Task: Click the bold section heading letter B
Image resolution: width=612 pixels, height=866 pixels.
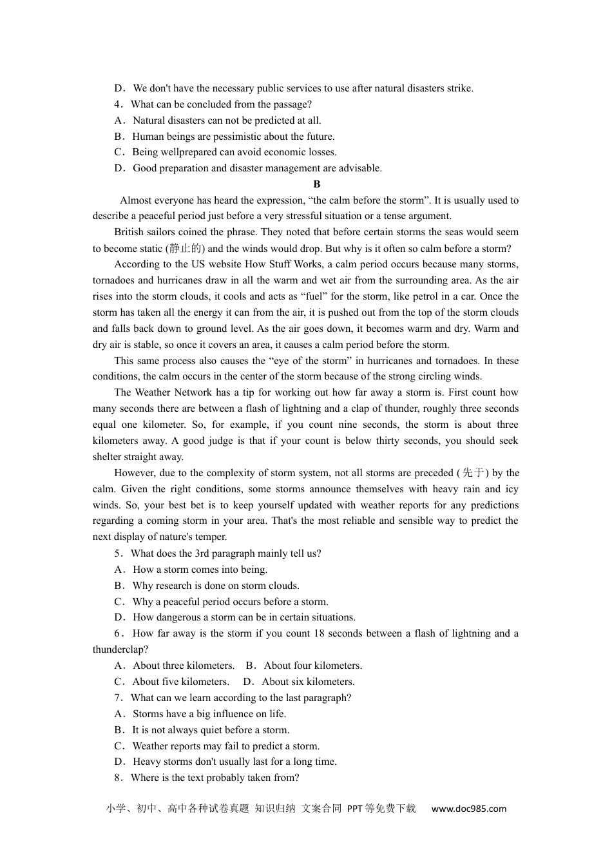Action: [x=317, y=184]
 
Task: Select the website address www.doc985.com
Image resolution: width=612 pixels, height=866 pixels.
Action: [x=468, y=809]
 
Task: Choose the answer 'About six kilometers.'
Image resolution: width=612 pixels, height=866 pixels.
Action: [x=308, y=682]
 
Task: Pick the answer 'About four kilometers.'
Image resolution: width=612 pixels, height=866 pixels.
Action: [x=312, y=666]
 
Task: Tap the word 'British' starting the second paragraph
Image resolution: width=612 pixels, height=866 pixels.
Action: [x=130, y=232]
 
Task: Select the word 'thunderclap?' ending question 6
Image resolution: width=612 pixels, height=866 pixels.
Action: [x=120, y=649]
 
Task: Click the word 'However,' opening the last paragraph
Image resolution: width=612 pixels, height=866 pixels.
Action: [x=133, y=473]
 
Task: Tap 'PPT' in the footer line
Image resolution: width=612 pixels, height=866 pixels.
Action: [x=355, y=809]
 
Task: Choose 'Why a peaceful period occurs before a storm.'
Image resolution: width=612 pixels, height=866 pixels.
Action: [x=230, y=602]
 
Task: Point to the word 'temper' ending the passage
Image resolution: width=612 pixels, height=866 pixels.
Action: [x=211, y=537]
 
